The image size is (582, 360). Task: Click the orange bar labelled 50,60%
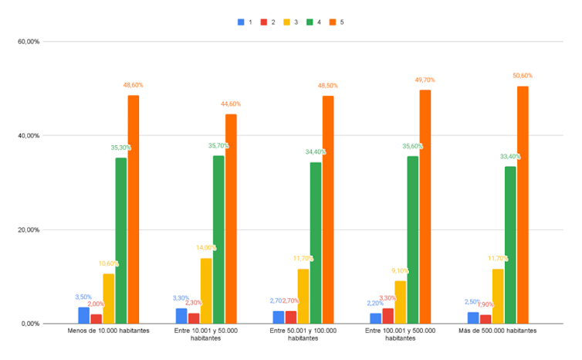point(523,205)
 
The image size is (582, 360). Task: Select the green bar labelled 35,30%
point(121,240)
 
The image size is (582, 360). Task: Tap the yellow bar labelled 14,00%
point(206,290)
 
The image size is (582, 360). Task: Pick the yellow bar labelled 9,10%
point(400,302)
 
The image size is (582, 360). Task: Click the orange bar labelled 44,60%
point(231,219)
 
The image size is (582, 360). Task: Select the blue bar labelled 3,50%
point(83,315)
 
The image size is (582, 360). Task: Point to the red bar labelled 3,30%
point(387,316)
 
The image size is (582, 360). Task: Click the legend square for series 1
point(241,22)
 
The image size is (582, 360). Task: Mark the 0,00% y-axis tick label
point(30,324)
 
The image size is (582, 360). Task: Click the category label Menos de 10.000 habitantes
point(109,331)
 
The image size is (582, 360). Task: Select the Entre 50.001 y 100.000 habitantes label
point(303,335)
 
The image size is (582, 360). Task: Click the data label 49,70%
point(425,80)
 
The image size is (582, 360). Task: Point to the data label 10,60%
point(109,263)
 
